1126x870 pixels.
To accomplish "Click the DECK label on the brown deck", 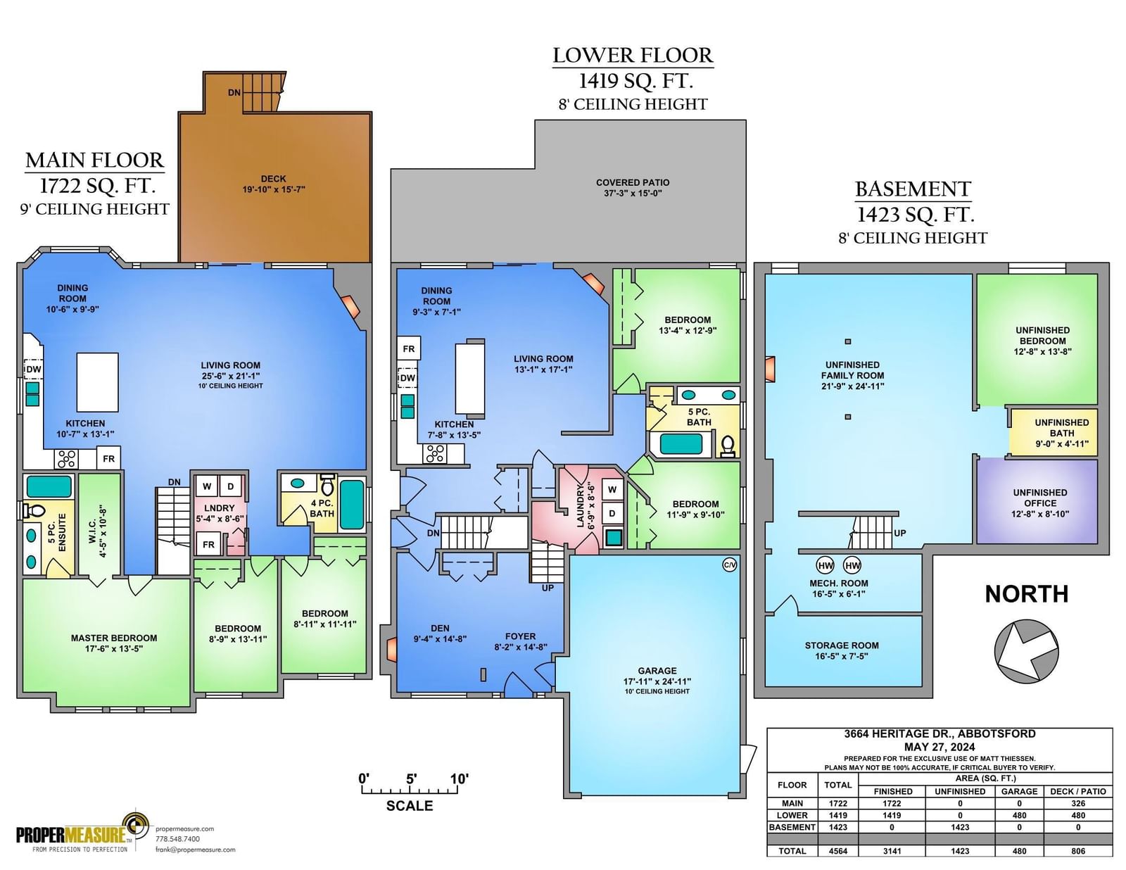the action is point(273,179).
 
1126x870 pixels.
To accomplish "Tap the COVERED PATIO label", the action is point(632,182).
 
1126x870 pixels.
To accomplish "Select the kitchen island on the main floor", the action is point(97,382).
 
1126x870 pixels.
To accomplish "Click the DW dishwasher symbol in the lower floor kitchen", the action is point(407,378).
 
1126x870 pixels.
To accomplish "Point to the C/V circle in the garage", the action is point(729,565).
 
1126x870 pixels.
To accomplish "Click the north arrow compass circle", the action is point(1026,651).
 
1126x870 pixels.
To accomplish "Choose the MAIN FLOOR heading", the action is point(95,160).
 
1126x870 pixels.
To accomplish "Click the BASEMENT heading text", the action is point(913,189).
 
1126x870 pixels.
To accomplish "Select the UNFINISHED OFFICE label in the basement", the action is point(1040,498).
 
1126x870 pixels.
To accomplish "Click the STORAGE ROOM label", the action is point(842,645).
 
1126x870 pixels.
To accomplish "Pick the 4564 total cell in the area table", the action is point(838,851).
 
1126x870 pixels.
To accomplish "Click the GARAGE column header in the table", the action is point(1019,791).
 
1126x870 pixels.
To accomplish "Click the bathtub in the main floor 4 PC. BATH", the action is point(353,505).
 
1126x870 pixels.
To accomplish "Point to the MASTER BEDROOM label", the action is point(114,638).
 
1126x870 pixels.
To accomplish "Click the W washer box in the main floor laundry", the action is point(207,486).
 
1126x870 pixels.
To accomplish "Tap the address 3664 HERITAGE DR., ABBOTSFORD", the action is point(940,733).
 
